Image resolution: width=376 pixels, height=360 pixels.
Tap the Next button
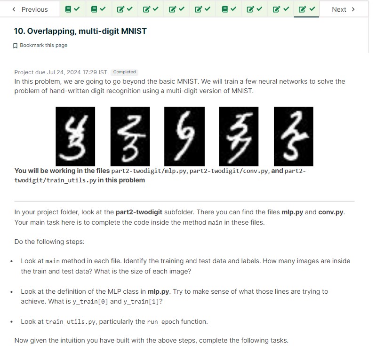coord(343,9)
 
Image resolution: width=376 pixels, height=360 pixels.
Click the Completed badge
coord(124,72)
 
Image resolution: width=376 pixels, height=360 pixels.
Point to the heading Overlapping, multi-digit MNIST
coord(80,31)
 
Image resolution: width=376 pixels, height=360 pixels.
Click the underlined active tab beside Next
coord(306,9)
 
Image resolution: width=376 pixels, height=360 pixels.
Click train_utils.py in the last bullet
coord(71,322)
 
